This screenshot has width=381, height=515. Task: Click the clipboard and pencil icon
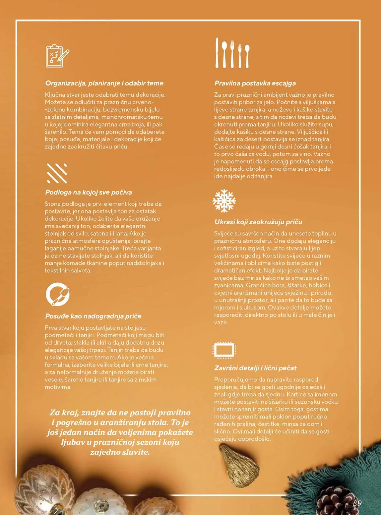(57, 56)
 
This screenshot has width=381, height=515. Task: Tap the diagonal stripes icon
(57, 173)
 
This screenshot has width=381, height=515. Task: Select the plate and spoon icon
(57, 294)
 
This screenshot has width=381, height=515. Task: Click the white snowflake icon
(224, 201)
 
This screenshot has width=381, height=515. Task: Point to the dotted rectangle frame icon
(224, 350)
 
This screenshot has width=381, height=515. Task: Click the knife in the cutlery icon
(217, 53)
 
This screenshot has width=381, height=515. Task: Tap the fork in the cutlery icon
(232, 54)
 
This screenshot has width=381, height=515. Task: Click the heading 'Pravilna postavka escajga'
(255, 83)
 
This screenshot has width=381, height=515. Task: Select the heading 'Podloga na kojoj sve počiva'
(89, 192)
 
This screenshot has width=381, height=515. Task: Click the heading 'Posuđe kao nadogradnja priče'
(93, 316)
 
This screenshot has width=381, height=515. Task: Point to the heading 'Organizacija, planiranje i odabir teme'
(104, 83)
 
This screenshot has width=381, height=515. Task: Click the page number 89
(357, 503)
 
